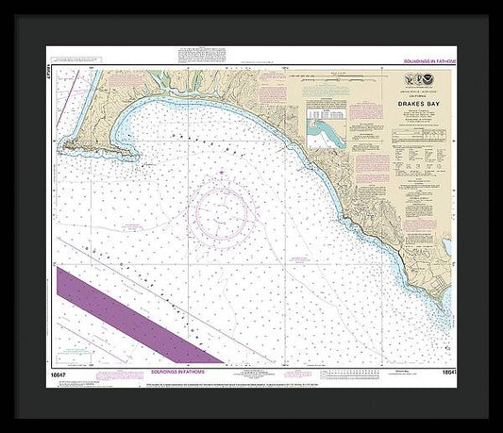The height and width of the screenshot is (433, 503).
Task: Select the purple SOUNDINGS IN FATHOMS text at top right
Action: (430, 59)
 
